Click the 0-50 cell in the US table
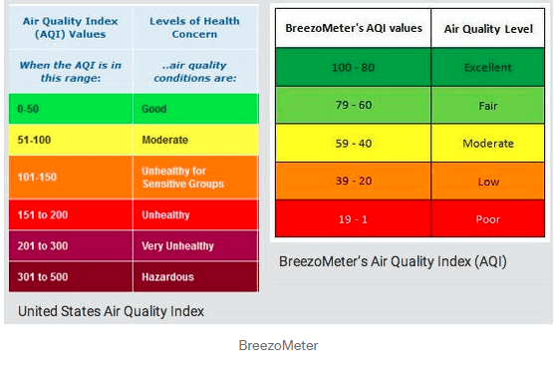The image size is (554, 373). pyautogui.click(x=71, y=109)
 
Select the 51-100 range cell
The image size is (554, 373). pyautogui.click(x=71, y=140)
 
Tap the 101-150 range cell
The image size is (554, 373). pyautogui.click(x=71, y=178)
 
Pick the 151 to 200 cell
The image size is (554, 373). pyautogui.click(x=71, y=214)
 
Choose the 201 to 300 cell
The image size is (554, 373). pyautogui.click(x=71, y=245)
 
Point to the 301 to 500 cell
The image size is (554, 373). pyautogui.click(x=71, y=277)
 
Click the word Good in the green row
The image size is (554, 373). pyautogui.click(x=154, y=109)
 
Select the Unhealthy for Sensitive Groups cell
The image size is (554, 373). pyautogui.click(x=196, y=178)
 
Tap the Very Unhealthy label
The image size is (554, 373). pyautogui.click(x=177, y=246)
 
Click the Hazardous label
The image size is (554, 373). pyautogui.click(x=167, y=277)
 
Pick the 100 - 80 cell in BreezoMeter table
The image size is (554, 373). pyautogui.click(x=353, y=67)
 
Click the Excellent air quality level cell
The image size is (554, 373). pyautogui.click(x=488, y=67)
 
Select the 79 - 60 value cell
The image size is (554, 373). pyautogui.click(x=353, y=105)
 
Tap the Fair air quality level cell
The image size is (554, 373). pyautogui.click(x=488, y=105)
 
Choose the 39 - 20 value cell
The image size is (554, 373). pyautogui.click(x=353, y=182)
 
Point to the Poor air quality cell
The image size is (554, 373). pyautogui.click(x=488, y=218)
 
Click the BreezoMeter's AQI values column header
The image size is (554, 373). pyautogui.click(x=354, y=28)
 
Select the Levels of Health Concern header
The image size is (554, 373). pyautogui.click(x=194, y=27)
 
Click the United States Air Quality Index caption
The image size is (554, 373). pyautogui.click(x=111, y=311)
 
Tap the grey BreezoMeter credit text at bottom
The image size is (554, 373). pyautogui.click(x=278, y=345)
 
